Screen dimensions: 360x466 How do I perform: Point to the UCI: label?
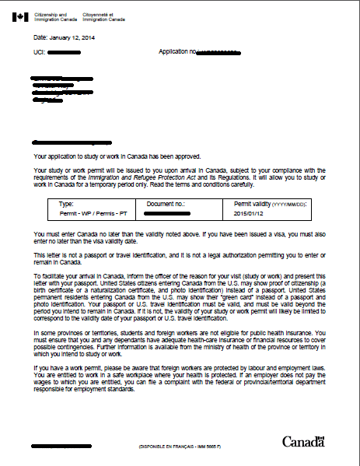click(40, 52)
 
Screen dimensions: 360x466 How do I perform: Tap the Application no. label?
click(176, 52)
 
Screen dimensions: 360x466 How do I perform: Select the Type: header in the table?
click(66, 203)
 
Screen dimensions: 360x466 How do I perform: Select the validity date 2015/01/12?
click(250, 212)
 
